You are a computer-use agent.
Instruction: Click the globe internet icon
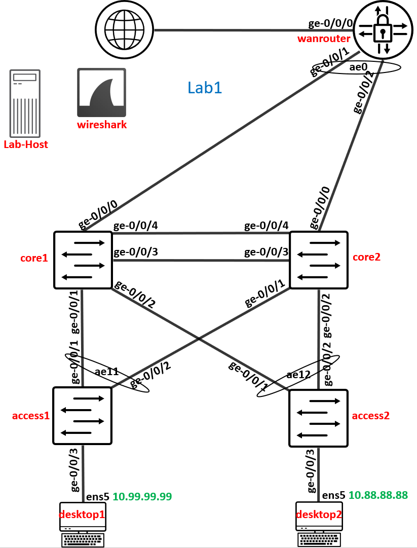click(125, 29)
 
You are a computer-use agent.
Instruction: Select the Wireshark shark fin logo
click(101, 93)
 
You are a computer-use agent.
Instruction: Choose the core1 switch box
click(83, 260)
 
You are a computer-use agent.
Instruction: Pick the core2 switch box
click(318, 260)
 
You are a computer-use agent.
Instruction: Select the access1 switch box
click(82, 416)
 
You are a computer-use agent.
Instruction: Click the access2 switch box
click(318, 418)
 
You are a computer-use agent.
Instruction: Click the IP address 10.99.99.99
click(142, 496)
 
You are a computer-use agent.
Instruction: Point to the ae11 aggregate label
click(106, 372)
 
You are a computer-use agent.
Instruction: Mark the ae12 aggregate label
click(297, 375)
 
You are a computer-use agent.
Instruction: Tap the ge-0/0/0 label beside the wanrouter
click(330, 24)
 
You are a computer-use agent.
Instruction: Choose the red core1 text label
click(33, 258)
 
